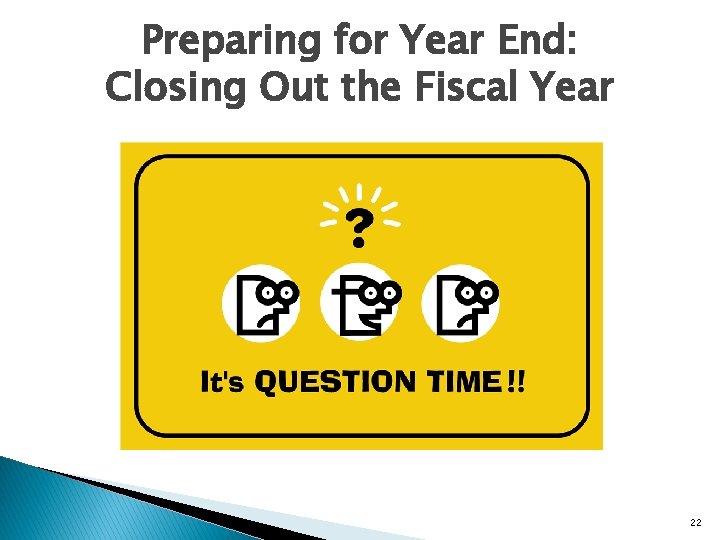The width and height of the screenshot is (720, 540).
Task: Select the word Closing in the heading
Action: point(165,88)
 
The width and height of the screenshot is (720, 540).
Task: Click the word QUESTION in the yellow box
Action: point(335,382)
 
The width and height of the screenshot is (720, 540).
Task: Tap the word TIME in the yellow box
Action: point(461,382)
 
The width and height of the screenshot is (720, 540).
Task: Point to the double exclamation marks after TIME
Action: point(515,382)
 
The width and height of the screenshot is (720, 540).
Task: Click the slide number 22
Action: point(696,521)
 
